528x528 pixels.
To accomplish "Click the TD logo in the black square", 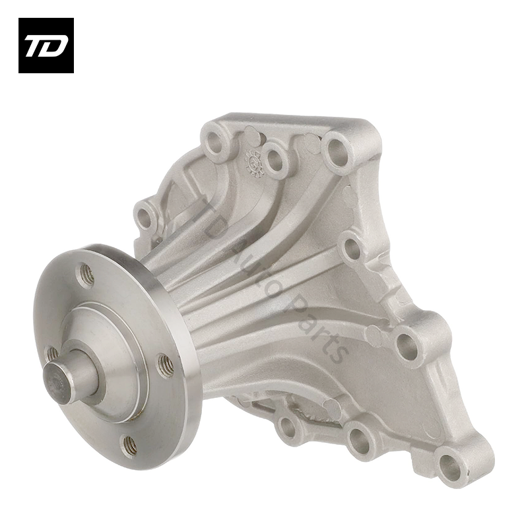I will point(46,46).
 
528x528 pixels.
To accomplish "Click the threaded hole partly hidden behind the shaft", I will point(51,354).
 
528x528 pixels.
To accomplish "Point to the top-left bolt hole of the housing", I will point(214,141).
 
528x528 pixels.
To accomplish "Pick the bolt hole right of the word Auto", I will point(353,249).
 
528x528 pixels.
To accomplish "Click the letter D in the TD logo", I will point(54,46).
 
